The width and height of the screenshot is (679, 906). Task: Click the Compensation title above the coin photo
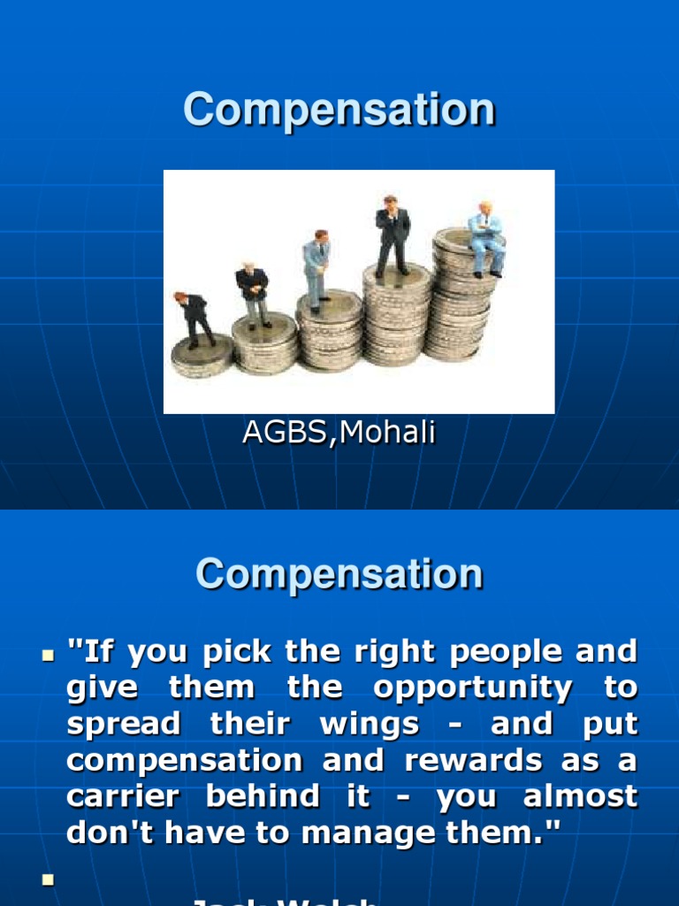[x=339, y=111]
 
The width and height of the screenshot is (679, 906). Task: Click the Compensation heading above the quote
[x=339, y=574]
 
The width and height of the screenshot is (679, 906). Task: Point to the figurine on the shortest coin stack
[x=195, y=319]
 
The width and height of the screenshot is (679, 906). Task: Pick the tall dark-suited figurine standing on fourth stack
[x=391, y=234]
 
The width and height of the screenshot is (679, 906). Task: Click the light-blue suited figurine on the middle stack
[x=317, y=270]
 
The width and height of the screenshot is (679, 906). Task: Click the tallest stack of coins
[x=461, y=296]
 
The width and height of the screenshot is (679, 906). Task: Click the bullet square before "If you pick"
[x=48, y=656]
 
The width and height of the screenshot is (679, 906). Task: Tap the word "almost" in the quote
[x=579, y=796]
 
